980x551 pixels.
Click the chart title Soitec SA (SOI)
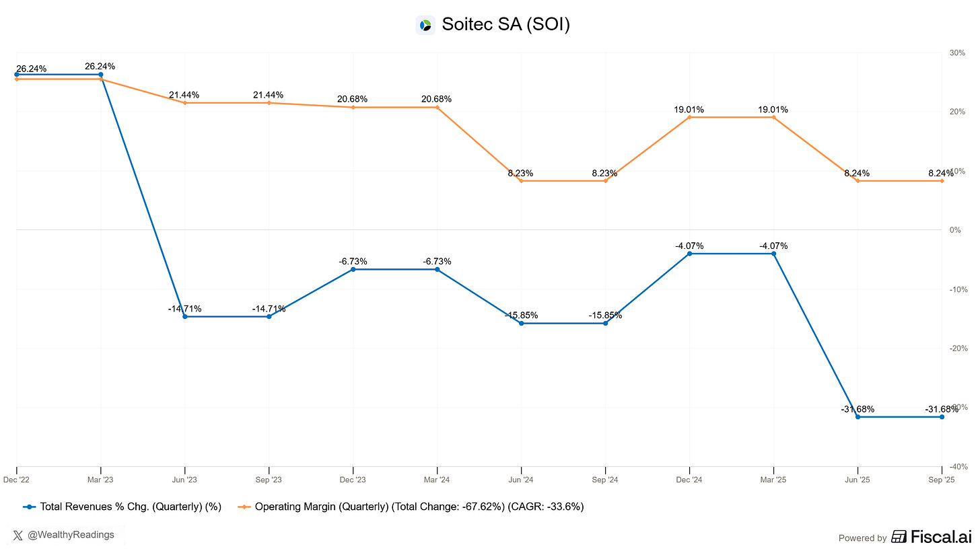(x=505, y=25)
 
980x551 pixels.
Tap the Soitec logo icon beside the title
(x=425, y=26)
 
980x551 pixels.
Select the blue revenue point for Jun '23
(x=185, y=316)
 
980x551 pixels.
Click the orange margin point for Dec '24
(x=689, y=117)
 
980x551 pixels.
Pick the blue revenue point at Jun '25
(x=858, y=417)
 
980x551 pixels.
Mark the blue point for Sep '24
(x=605, y=324)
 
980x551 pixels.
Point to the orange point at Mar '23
(x=101, y=79)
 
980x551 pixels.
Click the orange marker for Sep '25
(x=942, y=181)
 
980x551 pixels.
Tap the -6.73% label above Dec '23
(x=352, y=261)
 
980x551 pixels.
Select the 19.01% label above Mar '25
(x=773, y=110)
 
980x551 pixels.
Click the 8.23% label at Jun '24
(x=520, y=173)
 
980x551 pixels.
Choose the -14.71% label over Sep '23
(x=269, y=309)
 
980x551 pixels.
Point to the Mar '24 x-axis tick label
(x=437, y=480)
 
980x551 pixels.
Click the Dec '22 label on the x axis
(x=17, y=480)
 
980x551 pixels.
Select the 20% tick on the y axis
(x=958, y=112)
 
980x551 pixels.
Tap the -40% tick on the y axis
(x=958, y=466)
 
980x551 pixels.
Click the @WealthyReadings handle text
(x=71, y=535)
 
